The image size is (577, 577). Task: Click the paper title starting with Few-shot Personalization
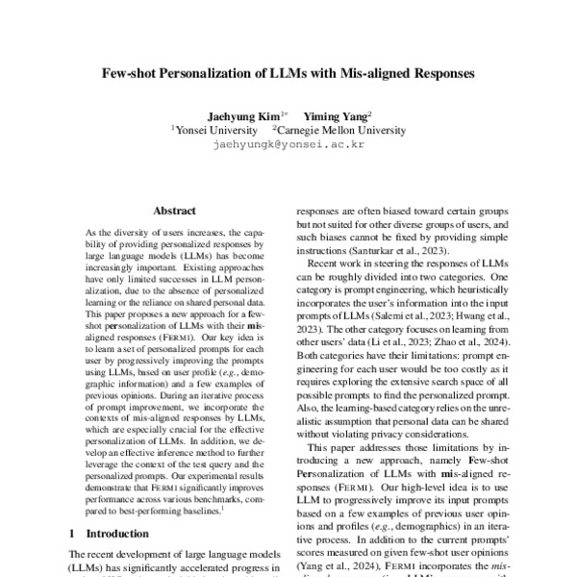tap(288, 72)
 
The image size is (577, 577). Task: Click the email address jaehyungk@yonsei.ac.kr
tap(288, 144)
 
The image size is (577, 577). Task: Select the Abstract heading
tap(174, 211)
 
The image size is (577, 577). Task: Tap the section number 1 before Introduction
tap(72, 532)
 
